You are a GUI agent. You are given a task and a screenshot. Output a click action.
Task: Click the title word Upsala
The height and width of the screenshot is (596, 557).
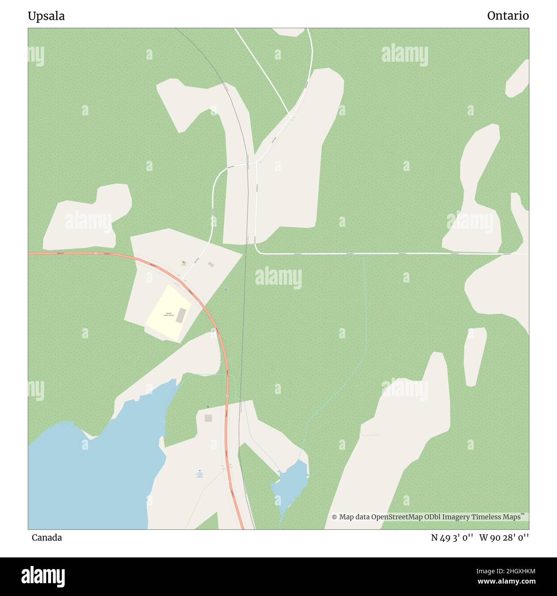coord(46,16)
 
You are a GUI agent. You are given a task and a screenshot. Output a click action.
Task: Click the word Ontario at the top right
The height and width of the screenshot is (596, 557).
coord(508,16)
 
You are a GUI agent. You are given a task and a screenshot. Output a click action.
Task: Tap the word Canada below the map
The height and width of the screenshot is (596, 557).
coord(47,538)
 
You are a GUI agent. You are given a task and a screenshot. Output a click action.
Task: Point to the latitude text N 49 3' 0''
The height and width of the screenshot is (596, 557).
coord(452,538)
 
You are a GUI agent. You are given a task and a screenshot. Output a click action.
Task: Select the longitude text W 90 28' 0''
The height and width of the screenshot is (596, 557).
coord(504,538)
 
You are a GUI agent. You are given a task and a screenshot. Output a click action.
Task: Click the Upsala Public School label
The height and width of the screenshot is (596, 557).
coord(169,314)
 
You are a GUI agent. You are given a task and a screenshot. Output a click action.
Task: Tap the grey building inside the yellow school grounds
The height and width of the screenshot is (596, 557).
coord(182,315)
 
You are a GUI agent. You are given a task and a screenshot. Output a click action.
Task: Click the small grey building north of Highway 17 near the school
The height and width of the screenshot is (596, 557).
coord(210,265)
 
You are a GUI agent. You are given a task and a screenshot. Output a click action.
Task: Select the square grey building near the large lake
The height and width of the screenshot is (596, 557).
coord(208,418)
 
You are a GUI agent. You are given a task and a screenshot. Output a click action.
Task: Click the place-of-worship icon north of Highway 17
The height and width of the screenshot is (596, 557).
coord(184,262)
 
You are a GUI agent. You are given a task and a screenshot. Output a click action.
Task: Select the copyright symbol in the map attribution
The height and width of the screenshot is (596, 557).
coord(335,517)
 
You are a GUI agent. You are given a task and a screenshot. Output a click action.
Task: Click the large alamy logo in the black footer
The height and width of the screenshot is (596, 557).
coord(43,576)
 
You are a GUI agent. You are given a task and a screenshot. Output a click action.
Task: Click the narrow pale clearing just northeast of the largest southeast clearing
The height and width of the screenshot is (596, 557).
coord(474,356)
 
